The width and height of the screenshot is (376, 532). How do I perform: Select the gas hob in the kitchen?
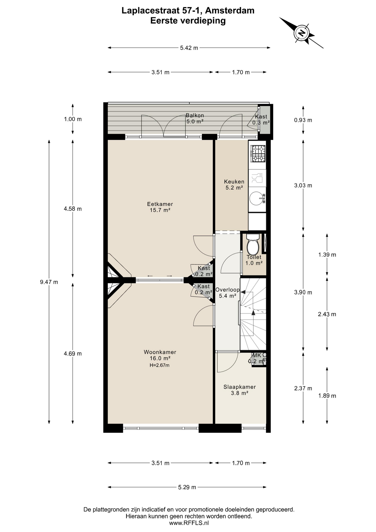pyautogui.click(x=258, y=154)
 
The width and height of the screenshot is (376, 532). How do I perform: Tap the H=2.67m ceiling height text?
pyautogui.click(x=159, y=365)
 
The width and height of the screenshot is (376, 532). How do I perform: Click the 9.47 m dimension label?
pyautogui.click(x=49, y=282)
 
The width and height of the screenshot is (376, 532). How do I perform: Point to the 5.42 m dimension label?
pyautogui.click(x=189, y=48)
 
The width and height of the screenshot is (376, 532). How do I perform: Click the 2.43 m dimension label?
pyautogui.click(x=327, y=314)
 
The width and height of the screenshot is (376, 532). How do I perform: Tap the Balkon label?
pyautogui.click(x=195, y=115)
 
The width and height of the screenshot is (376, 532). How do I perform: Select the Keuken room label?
pyautogui.click(x=234, y=182)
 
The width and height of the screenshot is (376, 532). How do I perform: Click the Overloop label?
pyautogui.click(x=227, y=290)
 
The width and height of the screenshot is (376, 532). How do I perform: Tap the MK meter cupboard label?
pyautogui.click(x=257, y=355)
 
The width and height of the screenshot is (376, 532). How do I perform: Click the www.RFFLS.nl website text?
pyautogui.click(x=189, y=523)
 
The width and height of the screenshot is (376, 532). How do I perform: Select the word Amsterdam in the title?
pyautogui.click(x=230, y=11)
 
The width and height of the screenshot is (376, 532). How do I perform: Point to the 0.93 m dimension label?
pyautogui.click(x=303, y=120)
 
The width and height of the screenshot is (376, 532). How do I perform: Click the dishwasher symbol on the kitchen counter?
pyautogui.click(x=257, y=178)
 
